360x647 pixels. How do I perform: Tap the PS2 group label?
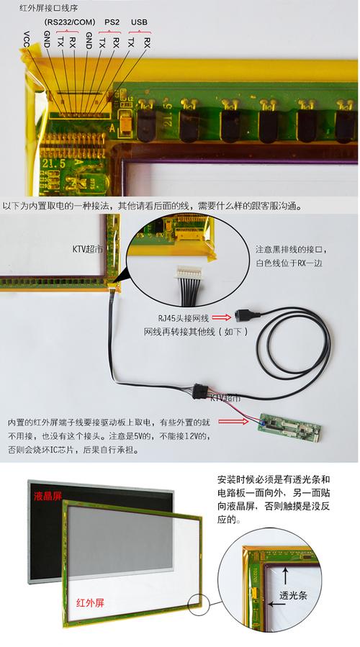click(112, 23)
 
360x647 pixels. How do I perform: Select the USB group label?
click(139, 23)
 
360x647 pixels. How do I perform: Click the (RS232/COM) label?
click(69, 23)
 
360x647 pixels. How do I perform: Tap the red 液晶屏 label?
click(48, 496)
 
